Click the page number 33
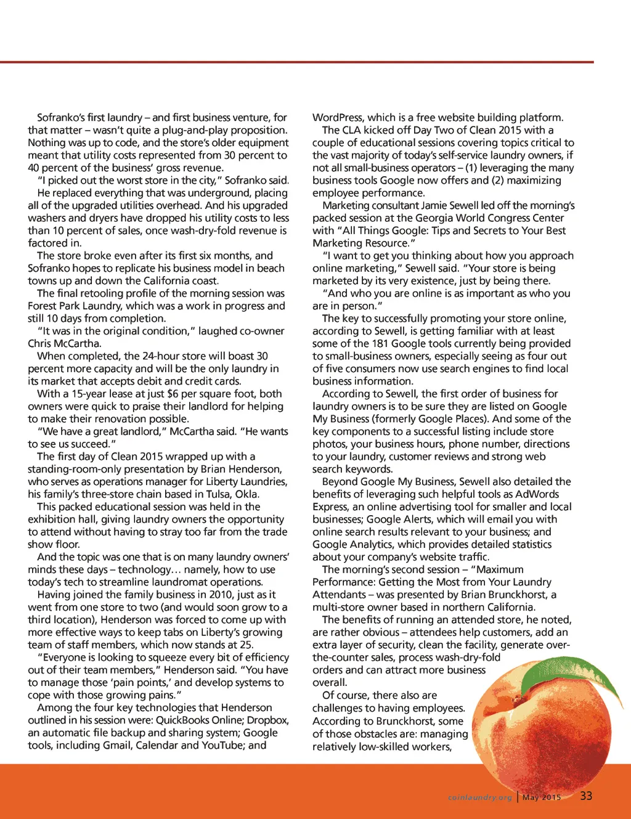click(586, 796)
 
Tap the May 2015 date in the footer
click(542, 797)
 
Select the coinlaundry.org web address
click(480, 797)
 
